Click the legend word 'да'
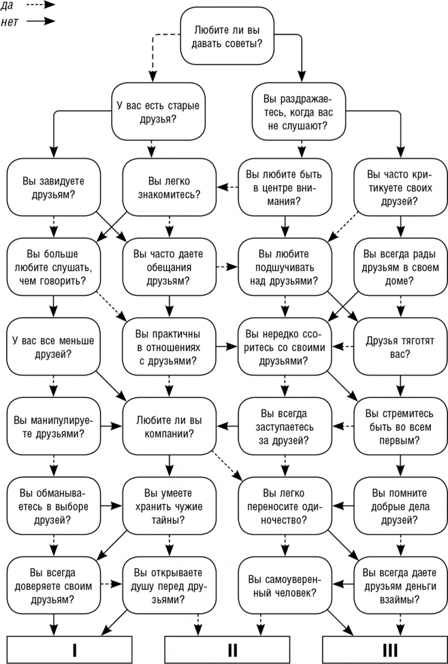pos(8,5)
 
